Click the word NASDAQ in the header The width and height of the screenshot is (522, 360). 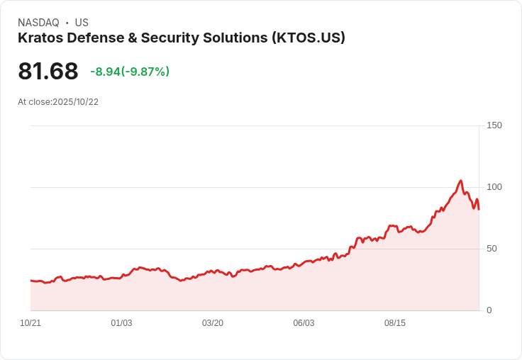38,23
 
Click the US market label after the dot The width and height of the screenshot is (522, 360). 82,23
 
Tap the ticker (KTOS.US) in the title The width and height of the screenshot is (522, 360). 308,38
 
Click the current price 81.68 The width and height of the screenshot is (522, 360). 48,72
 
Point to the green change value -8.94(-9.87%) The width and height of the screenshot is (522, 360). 130,72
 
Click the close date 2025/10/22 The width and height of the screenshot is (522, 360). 75,102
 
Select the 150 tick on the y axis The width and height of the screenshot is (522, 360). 494,125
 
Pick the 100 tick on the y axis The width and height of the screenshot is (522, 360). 494,187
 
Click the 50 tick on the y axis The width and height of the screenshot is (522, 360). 492,249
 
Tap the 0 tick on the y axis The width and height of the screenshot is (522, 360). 489,310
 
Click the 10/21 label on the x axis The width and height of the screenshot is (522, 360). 30,323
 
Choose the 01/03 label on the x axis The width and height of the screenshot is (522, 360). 121,323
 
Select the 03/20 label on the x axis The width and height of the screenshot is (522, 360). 213,323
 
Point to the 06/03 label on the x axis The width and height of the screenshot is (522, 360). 304,323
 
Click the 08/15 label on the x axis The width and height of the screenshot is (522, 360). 395,323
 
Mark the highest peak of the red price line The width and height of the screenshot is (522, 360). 460,181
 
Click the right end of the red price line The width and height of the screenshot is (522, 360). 479,208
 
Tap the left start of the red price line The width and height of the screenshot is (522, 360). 31,281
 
